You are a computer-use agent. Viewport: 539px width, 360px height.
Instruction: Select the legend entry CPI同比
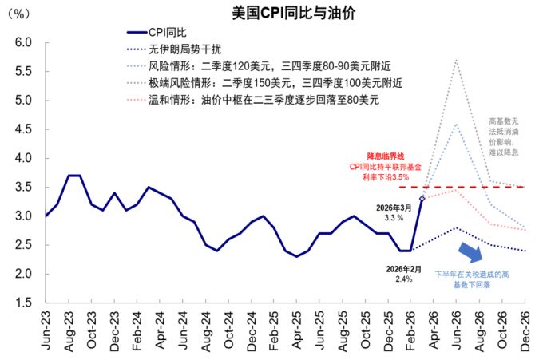pyautogui.click(x=168, y=32)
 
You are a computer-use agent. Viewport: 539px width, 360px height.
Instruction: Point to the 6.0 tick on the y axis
pyautogui.click(x=22, y=42)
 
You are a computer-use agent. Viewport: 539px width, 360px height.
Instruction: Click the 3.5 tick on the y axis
pyautogui.click(x=22, y=187)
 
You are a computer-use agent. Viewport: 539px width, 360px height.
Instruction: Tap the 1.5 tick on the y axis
pyautogui.click(x=22, y=303)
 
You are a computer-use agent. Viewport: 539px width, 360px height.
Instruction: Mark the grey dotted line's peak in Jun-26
pyautogui.click(x=456, y=60)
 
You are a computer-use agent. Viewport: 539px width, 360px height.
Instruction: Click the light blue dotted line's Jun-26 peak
pyautogui.click(x=456, y=124)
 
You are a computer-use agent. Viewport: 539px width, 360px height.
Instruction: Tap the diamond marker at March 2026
pyautogui.click(x=422, y=198)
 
